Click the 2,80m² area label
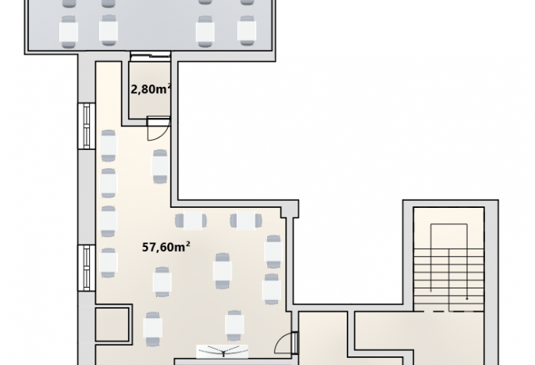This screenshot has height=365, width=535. (151, 89)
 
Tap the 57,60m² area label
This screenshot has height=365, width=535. (166, 246)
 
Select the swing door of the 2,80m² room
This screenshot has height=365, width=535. (158, 128)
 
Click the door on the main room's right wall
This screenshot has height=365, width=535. (287, 343)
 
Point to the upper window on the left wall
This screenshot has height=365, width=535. (87, 126)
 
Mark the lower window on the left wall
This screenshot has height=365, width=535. (87, 267)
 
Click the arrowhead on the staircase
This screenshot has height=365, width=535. (467, 299)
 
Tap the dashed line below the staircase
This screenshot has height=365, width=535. (448, 311)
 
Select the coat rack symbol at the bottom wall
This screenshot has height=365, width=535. (222, 352)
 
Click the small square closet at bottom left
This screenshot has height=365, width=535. (112, 324)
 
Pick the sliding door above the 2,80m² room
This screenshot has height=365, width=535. (150, 56)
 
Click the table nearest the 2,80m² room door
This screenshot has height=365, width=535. (160, 166)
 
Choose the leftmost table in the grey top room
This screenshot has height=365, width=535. (69, 31)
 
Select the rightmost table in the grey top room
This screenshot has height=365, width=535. (247, 30)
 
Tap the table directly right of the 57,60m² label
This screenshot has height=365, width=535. (223, 271)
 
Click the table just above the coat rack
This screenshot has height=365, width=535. (234, 326)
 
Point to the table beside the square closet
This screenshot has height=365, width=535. (153, 328)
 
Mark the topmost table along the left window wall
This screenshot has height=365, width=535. (109, 146)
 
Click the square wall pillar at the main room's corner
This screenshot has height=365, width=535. (290, 209)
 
